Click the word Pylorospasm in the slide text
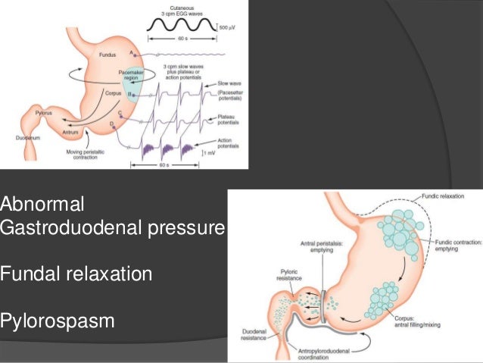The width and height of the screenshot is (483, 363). [x=58, y=321]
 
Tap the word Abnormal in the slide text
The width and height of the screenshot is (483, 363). [x=42, y=204]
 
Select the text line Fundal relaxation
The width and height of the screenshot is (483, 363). [x=76, y=274]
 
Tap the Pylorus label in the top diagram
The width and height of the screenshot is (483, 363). [x=42, y=111]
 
